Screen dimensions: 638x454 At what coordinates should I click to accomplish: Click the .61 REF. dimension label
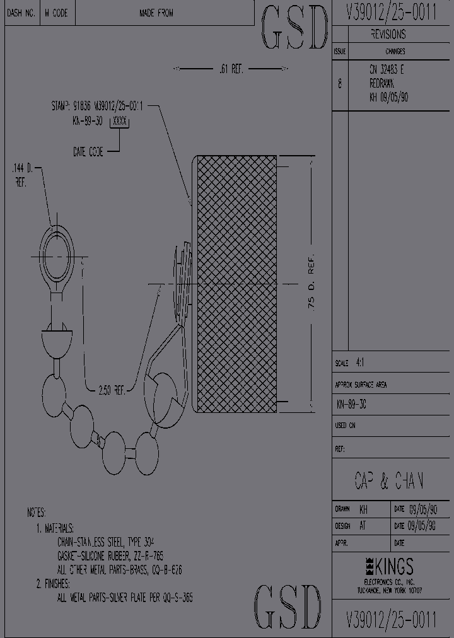tap(231, 69)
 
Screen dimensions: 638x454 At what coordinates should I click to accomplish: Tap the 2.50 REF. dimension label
tap(113, 390)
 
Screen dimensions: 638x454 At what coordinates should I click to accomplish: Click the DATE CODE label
tap(88, 151)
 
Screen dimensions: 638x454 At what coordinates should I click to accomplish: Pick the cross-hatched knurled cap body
tap(237, 284)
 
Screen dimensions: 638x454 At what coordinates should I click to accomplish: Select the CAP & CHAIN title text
tap(388, 482)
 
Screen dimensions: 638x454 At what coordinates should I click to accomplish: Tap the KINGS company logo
tap(389, 565)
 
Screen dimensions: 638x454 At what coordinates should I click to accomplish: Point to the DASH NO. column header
tap(21, 13)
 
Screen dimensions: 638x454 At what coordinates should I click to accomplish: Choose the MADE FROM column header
tap(156, 13)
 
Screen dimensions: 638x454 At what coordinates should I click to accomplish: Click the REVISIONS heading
tap(388, 35)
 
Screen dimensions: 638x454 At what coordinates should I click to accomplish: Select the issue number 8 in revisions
tap(340, 84)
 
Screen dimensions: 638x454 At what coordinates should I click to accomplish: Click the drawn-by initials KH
tap(364, 509)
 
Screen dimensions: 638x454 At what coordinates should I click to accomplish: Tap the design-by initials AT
tap(363, 526)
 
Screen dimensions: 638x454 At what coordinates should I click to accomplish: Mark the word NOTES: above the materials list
tap(36, 513)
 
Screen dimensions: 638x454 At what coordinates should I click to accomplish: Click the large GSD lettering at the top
tap(294, 28)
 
